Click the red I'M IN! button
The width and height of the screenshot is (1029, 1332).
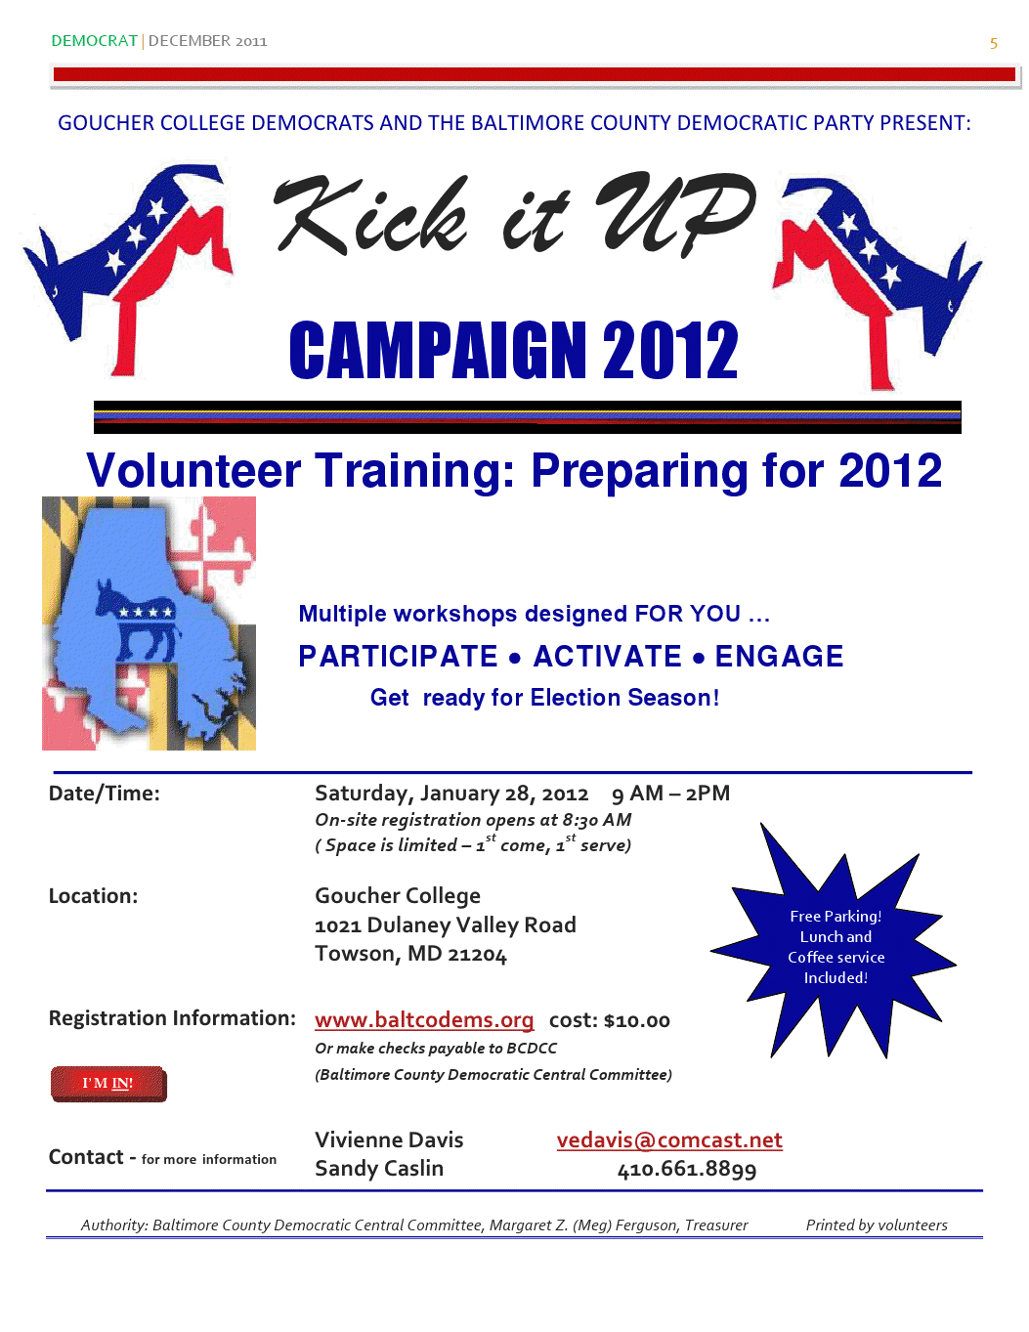[x=108, y=1083]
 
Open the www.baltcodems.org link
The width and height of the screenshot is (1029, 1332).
[x=424, y=1020]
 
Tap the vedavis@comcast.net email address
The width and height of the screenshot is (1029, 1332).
[x=669, y=1140]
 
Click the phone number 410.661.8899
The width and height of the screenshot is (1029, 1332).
[x=686, y=1169]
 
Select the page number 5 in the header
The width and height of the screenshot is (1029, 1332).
[x=994, y=44]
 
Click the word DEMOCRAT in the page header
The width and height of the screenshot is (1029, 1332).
[x=95, y=41]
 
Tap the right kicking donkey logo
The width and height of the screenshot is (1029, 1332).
[x=877, y=282]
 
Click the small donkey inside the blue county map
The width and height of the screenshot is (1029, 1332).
[x=136, y=620]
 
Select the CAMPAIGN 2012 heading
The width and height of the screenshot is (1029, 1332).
[x=514, y=351]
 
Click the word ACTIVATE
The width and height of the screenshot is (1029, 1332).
[x=608, y=657]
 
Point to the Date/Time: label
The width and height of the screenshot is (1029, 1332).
[x=105, y=794]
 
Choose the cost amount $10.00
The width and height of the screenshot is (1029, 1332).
[x=637, y=1020]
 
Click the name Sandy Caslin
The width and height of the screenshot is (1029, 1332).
[x=379, y=1169]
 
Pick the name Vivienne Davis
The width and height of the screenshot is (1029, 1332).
[x=389, y=1140]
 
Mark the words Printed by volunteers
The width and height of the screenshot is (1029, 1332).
[x=877, y=1225]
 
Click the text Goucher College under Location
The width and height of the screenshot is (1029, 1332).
[x=397, y=896]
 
